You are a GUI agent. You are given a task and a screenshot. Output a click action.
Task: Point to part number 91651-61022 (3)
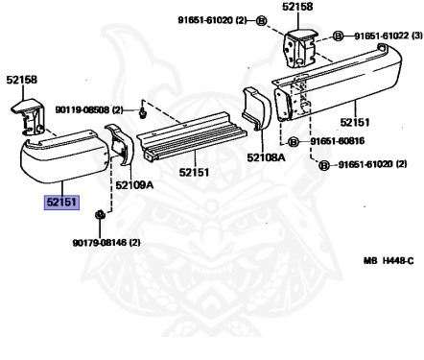[x=384, y=36]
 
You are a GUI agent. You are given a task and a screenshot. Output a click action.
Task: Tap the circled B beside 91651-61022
[x=338, y=36]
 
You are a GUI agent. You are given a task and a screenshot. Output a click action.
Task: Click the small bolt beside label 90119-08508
[x=142, y=111]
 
